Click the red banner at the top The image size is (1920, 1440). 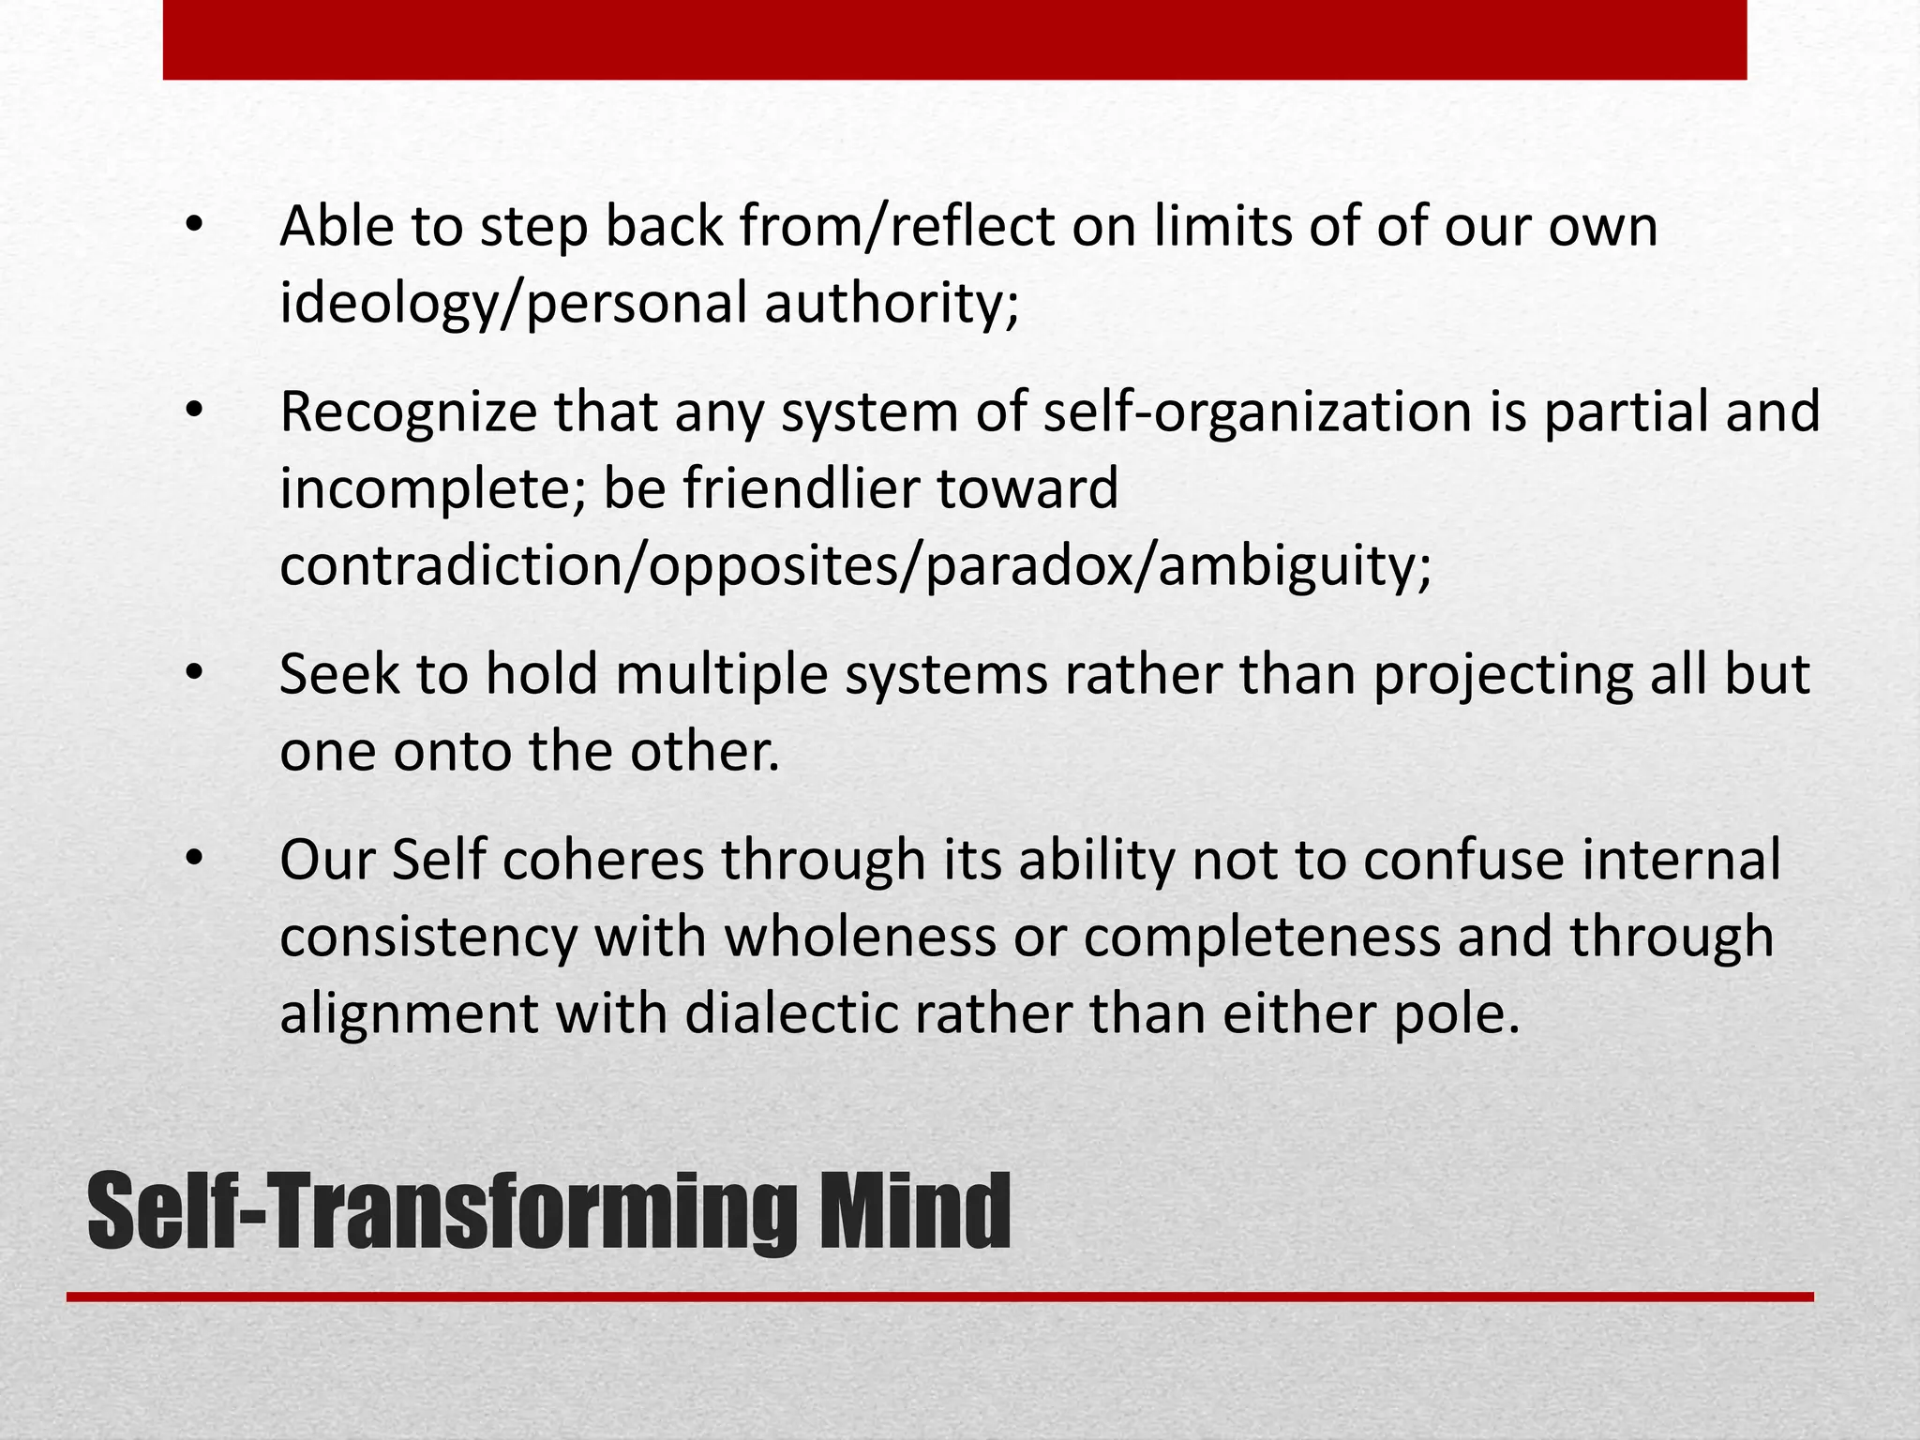954,39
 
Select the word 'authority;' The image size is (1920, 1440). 892,304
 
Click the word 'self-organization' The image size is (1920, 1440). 1257,412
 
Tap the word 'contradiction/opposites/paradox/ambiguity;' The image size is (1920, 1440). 855,566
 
